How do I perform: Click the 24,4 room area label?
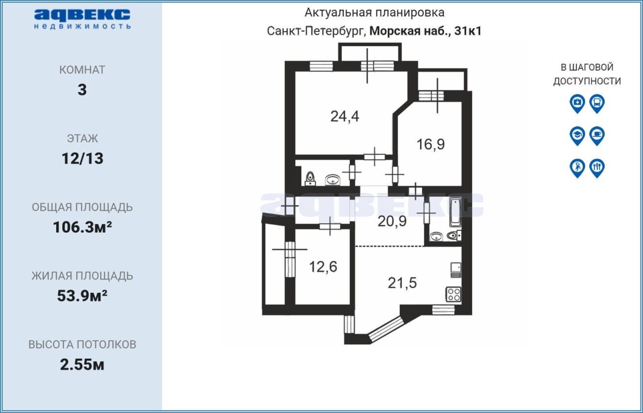[x=345, y=117]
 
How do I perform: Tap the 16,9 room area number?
[x=431, y=144]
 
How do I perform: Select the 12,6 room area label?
[x=323, y=267]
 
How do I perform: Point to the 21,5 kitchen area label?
[x=402, y=283]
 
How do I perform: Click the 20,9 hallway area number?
[x=392, y=221]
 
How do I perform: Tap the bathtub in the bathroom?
[x=455, y=212]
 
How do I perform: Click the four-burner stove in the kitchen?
[x=454, y=294]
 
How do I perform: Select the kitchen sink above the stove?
[x=456, y=270]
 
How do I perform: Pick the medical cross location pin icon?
[x=577, y=104]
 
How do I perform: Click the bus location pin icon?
[x=597, y=104]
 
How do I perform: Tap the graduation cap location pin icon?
[x=577, y=136]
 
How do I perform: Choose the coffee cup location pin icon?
[x=597, y=136]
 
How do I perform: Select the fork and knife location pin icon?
[x=597, y=168]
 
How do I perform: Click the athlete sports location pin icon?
[x=577, y=168]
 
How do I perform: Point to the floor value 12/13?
[x=82, y=159]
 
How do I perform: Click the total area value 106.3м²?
[x=82, y=227]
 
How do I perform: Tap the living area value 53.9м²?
[x=82, y=296]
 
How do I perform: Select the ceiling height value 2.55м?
[x=82, y=365]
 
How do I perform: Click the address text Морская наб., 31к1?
[x=425, y=31]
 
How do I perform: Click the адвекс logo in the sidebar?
[x=82, y=19]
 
